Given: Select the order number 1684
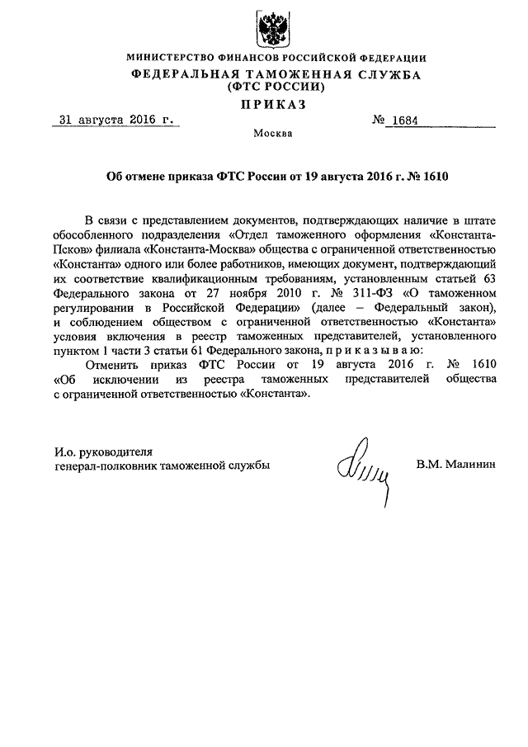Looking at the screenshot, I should (406, 120).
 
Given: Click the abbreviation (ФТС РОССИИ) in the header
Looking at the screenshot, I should (276, 85).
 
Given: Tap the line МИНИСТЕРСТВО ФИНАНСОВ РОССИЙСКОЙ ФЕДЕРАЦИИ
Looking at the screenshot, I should (276, 59).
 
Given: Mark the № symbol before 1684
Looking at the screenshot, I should (380, 120).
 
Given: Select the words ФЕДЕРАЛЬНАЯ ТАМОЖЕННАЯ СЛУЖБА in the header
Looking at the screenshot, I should (276, 73).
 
